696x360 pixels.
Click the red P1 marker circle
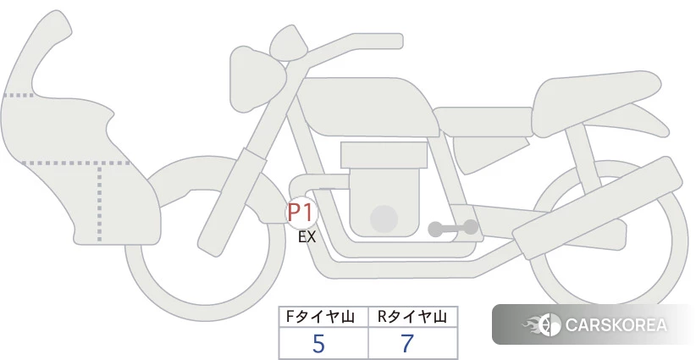301,213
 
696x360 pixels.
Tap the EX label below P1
307,237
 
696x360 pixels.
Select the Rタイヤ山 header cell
413,317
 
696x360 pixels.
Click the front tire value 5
318,343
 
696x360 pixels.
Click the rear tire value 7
407,343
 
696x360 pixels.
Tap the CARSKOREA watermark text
616,325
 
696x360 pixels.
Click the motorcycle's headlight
257,80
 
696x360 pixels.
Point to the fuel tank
366,107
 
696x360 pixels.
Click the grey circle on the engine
384,219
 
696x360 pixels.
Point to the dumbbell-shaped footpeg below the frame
453,228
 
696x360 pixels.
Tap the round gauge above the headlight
289,43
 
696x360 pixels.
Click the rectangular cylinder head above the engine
384,155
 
